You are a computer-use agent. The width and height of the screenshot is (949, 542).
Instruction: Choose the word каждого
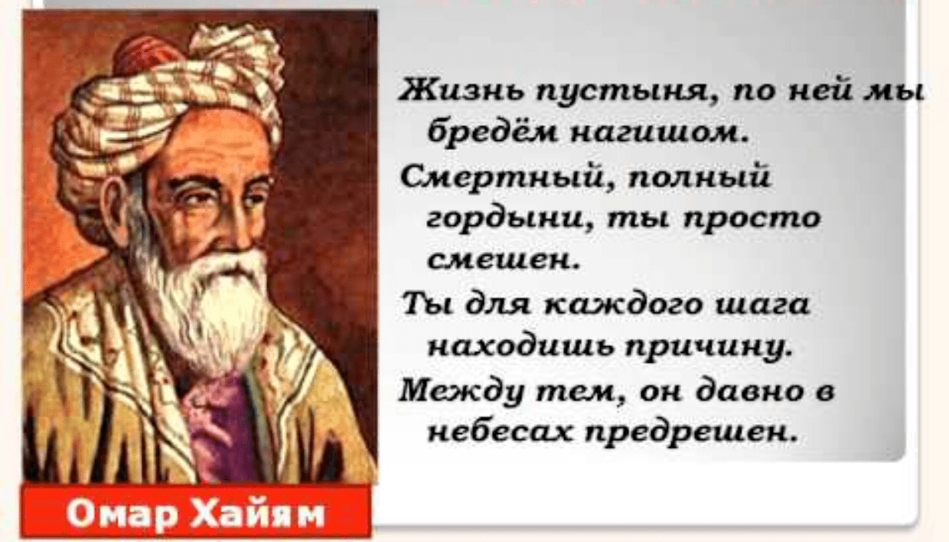622,305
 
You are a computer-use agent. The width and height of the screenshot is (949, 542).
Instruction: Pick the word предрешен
691,434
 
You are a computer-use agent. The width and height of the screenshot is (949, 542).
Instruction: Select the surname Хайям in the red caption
259,514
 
